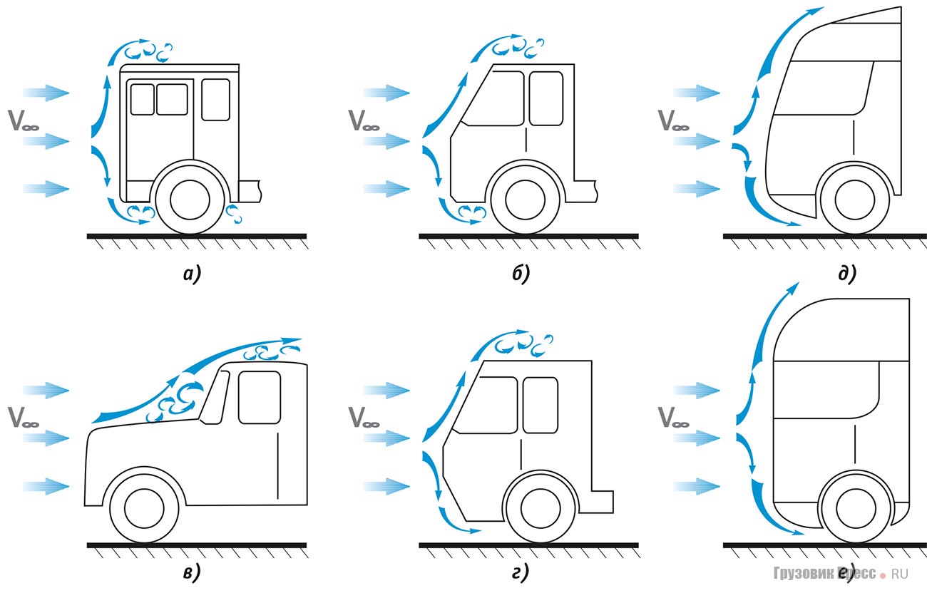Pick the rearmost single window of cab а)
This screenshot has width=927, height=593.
pyautogui.click(x=215, y=99)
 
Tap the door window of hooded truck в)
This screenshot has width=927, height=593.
pyautogui.click(x=259, y=397)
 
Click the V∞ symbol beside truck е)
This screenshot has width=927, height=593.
pyautogui.click(x=673, y=416)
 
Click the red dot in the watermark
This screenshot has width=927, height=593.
pyautogui.click(x=883, y=574)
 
